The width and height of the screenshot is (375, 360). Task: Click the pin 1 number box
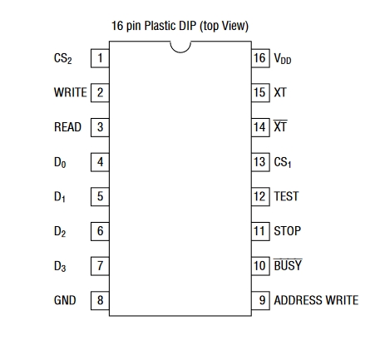point(100,58)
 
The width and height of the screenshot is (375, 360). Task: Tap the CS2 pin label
point(63,58)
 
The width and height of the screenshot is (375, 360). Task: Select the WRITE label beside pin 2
point(71,92)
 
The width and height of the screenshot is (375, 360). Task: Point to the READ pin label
point(67,127)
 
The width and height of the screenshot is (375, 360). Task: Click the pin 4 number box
point(100,162)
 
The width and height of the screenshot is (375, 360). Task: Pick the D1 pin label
point(60,197)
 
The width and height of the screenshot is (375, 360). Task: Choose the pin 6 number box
point(100,231)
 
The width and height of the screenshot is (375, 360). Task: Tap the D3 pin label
point(60,266)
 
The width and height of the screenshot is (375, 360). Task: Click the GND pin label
point(65,300)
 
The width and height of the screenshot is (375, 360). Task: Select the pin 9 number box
point(260,300)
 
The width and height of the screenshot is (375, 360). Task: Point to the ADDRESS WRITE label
point(316,300)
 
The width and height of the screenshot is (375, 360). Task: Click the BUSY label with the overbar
point(288,265)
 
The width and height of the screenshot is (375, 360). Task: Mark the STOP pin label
point(288,231)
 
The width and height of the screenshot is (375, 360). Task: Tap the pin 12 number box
point(260,196)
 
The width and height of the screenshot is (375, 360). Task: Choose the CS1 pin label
point(283,162)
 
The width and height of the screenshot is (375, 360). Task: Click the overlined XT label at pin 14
point(280,126)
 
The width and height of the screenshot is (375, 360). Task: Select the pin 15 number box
point(260,92)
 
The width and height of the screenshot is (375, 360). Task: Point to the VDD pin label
point(283,58)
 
